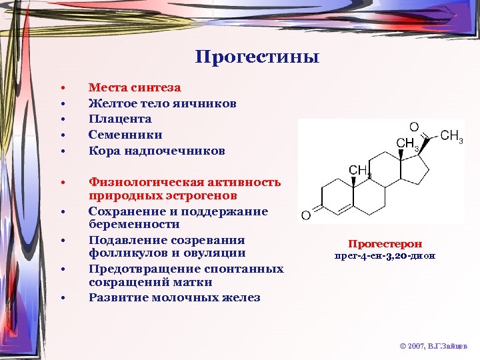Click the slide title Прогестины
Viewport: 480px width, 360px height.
(257, 57)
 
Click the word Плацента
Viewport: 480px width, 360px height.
(120, 119)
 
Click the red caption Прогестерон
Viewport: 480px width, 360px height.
(385, 244)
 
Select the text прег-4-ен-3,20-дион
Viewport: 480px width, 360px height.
(385, 256)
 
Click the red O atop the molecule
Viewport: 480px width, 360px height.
(414, 127)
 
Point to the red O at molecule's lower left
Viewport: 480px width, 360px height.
(305, 215)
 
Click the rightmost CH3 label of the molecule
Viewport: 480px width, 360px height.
(452, 137)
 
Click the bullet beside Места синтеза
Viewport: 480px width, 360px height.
(61, 87)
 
